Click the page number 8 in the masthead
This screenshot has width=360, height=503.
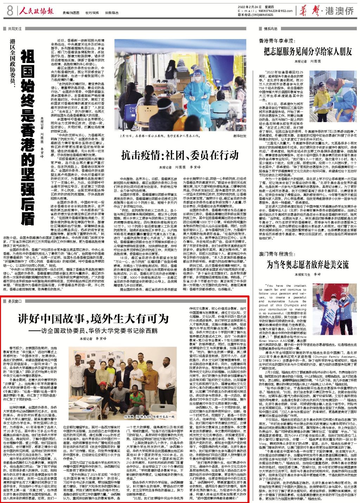pos(9,11)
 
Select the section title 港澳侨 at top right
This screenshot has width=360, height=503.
pos(339,11)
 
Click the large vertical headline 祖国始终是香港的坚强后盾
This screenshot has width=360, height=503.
pos(28,137)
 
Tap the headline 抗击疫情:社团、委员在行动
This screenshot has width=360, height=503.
pos(180,155)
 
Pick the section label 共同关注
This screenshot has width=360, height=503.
pos(15,29)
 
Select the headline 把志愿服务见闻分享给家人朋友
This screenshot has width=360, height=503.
pos(308,52)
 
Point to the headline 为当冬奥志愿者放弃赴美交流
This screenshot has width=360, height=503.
pos(308,264)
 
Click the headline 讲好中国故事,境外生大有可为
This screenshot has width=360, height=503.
pos(94,319)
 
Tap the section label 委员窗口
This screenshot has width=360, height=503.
pos(15,301)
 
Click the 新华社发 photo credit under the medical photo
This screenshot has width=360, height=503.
pos(239,135)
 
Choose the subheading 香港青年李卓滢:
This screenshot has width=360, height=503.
pos(276,41)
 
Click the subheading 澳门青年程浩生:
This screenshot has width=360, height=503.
pos(276,254)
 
